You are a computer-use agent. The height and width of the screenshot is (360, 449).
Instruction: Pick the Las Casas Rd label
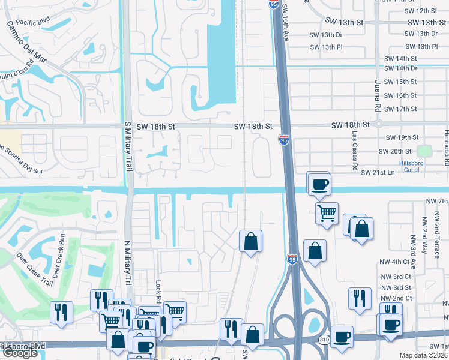click(355, 148)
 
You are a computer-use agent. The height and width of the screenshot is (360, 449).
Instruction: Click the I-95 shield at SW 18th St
click(283, 139)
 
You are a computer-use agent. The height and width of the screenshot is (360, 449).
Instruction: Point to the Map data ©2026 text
click(423, 355)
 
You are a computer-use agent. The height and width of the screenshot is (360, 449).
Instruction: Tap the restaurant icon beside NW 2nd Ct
click(359, 298)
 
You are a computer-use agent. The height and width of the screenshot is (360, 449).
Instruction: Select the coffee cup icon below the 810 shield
click(342, 338)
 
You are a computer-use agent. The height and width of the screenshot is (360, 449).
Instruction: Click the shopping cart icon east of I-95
click(326, 213)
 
